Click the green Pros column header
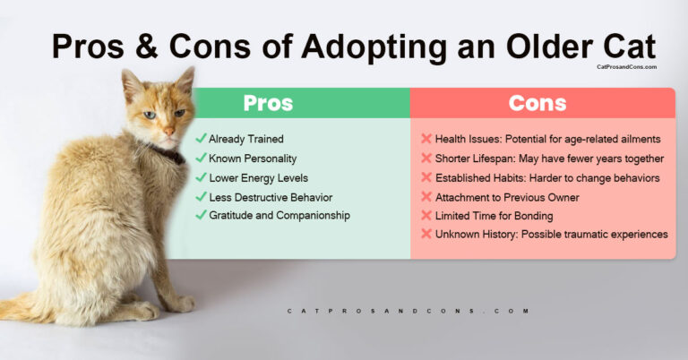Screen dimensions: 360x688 click(268, 103)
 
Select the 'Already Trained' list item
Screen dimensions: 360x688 click(245, 139)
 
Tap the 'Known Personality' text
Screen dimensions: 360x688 click(253, 159)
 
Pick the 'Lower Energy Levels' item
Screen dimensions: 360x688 click(259, 177)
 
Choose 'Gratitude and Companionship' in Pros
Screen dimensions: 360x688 click(279, 215)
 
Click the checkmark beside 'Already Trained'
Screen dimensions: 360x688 click(201, 139)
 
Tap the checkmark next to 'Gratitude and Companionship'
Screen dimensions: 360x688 click(201, 215)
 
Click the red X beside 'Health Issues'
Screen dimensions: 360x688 click(426, 140)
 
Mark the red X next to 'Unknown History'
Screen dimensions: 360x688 click(426, 234)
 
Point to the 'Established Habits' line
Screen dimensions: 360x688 click(547, 177)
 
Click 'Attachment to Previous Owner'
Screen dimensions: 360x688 click(507, 196)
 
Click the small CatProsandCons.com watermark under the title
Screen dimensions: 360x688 click(625, 67)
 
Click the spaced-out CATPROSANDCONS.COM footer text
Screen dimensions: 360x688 click(408, 312)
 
